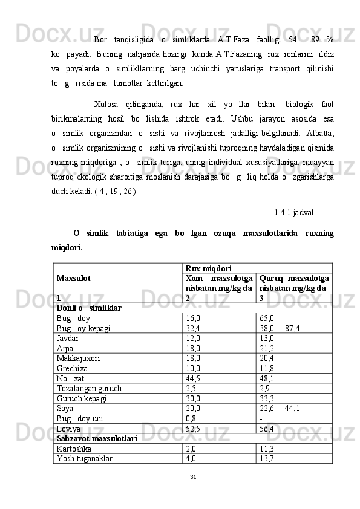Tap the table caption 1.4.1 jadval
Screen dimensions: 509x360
click(293, 213)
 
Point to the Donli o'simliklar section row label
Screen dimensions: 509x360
click(88, 308)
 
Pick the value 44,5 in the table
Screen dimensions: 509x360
click(194, 395)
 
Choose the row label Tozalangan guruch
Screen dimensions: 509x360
click(88, 405)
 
